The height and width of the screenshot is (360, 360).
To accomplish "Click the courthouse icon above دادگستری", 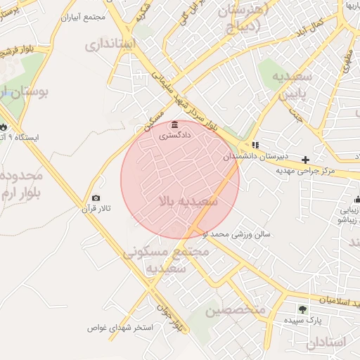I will tap(174, 125).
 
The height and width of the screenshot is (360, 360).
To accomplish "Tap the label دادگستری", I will tap(174, 135).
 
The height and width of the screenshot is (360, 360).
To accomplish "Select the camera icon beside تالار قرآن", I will tap(96, 198).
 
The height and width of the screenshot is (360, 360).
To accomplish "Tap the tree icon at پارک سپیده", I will tap(302, 308).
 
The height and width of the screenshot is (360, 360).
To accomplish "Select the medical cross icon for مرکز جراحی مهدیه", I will tap(305, 160).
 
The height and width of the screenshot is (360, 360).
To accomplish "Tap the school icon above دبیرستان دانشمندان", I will tap(255, 145).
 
